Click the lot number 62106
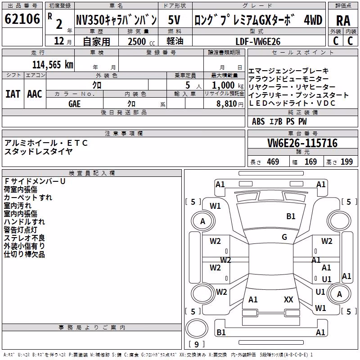22,19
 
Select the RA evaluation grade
343,21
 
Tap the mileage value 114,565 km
53,65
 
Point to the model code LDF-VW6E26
258,41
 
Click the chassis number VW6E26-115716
302,143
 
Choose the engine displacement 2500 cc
141,41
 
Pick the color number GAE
74,104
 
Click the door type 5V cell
174,20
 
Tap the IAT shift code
13,94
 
